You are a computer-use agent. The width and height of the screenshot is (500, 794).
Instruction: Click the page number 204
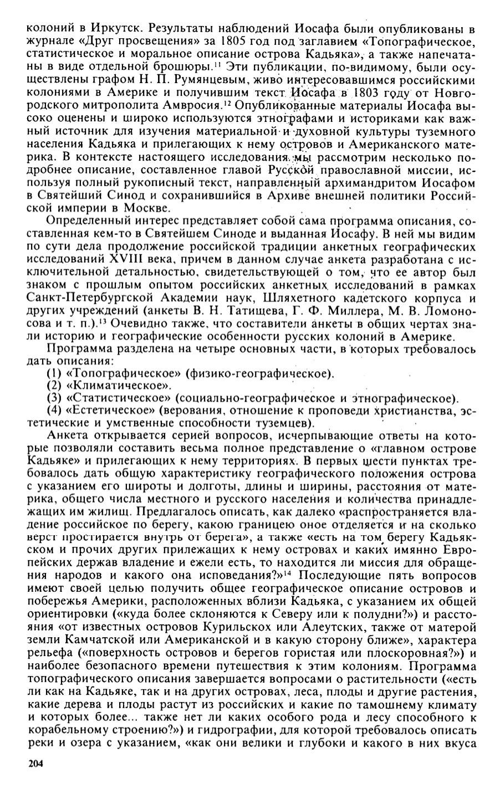(x=35, y=764)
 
